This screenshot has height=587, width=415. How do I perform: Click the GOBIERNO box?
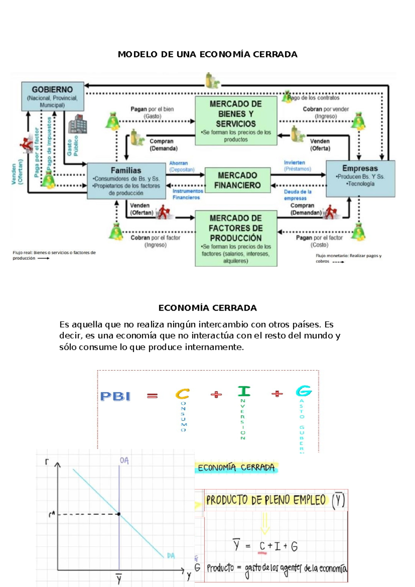(x=53, y=96)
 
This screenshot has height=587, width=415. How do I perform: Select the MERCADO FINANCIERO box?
(x=238, y=180)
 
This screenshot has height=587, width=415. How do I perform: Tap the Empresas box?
(x=360, y=178)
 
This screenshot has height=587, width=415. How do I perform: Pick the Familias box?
(x=126, y=181)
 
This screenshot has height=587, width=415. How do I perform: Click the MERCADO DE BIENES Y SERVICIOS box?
(x=236, y=120)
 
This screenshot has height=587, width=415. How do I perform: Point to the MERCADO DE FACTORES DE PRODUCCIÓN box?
(x=236, y=238)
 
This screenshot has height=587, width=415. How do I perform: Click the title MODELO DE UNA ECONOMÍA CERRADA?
(x=207, y=54)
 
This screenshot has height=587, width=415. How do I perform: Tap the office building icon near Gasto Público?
(x=77, y=124)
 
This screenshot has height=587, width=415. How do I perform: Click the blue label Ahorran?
(x=178, y=163)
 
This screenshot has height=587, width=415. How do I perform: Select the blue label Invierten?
(x=294, y=162)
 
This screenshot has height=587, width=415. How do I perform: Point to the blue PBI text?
(x=115, y=396)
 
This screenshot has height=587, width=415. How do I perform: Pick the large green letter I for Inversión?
(x=244, y=391)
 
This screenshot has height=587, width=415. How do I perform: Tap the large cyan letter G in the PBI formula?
(x=304, y=391)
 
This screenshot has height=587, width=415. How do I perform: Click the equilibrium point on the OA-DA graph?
(x=119, y=514)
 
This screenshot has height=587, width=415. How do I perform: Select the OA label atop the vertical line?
(x=124, y=461)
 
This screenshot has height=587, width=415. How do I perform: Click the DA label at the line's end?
(x=171, y=556)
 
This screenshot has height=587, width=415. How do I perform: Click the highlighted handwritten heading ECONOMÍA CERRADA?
(x=236, y=468)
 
